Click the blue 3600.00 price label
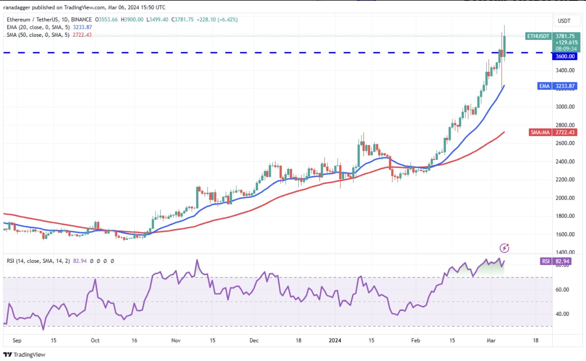pos(565,56)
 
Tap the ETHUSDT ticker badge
pos(538,36)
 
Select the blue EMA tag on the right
pos(544,86)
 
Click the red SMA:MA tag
pos(540,133)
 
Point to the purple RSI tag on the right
pos(546,261)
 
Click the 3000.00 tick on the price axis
pos(565,106)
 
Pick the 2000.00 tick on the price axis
pos(565,198)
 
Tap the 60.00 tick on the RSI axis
pos(562,290)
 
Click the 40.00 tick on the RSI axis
pos(562,314)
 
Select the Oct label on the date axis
pos(95,340)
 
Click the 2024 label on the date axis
pos(335,340)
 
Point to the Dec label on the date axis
pos(254,340)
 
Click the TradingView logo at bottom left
pos(24,354)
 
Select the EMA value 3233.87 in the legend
pos(82,27)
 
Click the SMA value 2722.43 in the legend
pos(82,35)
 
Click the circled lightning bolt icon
pos(504,248)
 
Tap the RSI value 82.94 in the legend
pos(80,261)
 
